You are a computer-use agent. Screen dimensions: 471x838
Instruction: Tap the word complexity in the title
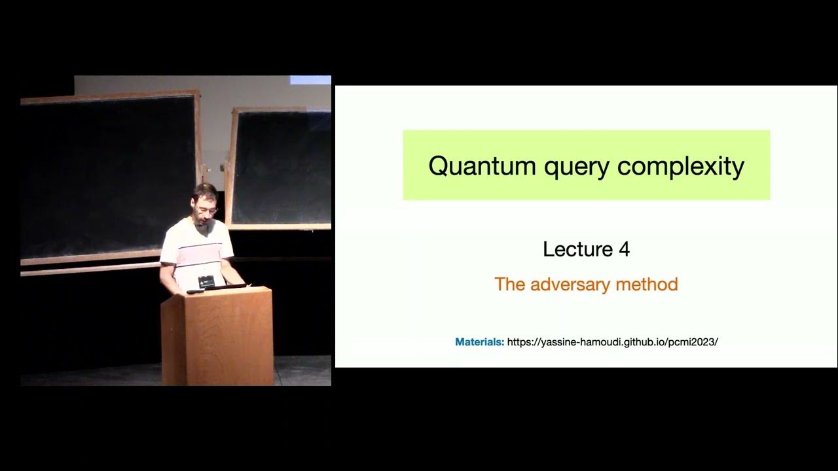point(680,167)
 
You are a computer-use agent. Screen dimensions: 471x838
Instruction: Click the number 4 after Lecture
point(623,249)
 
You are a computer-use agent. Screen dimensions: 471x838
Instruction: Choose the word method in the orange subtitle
point(646,285)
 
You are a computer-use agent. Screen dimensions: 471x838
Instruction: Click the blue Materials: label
point(479,342)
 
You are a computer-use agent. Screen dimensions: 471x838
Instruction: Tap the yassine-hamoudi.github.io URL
point(612,342)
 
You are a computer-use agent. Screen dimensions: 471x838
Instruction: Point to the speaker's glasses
point(207,210)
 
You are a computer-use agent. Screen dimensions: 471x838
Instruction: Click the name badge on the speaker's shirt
point(206,281)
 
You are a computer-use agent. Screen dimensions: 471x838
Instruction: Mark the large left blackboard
point(108,177)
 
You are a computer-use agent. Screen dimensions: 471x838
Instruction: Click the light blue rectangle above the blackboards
point(310,80)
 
